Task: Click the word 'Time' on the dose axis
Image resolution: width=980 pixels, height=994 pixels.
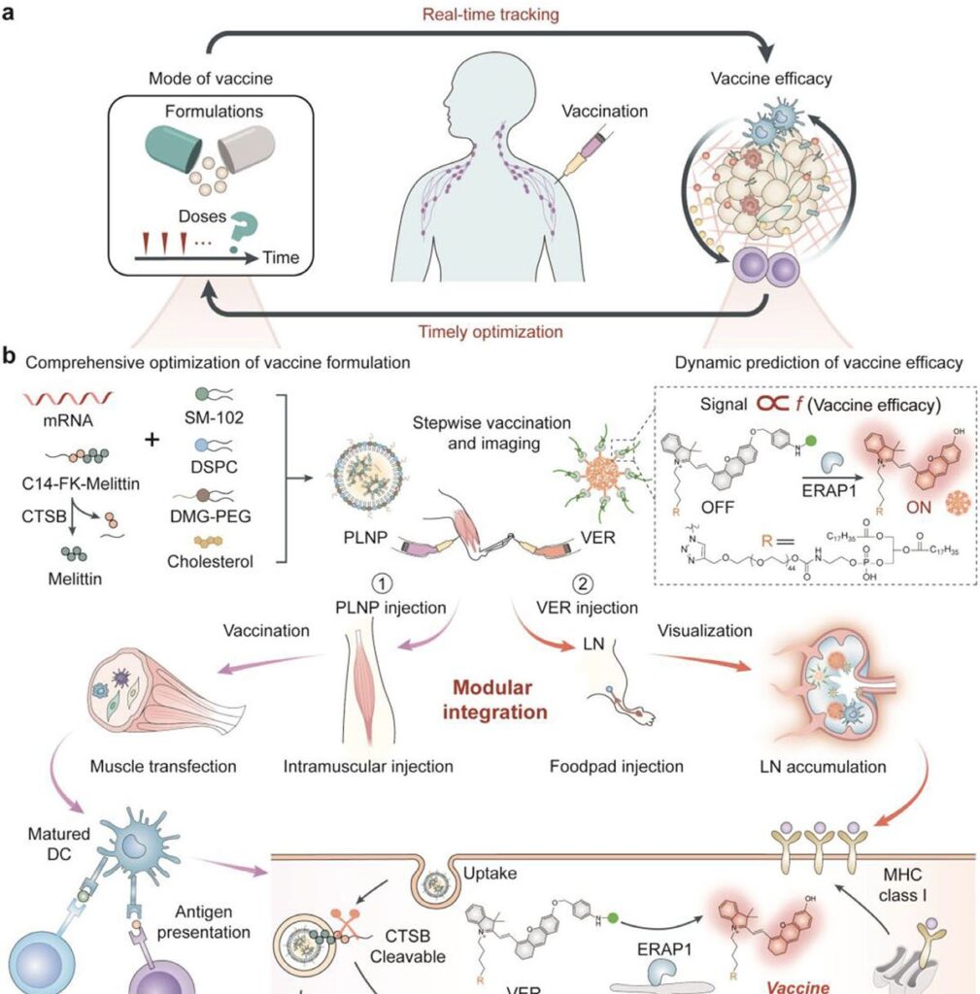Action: pos(280,258)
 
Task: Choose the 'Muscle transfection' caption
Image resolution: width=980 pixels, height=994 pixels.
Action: pos(163,767)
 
